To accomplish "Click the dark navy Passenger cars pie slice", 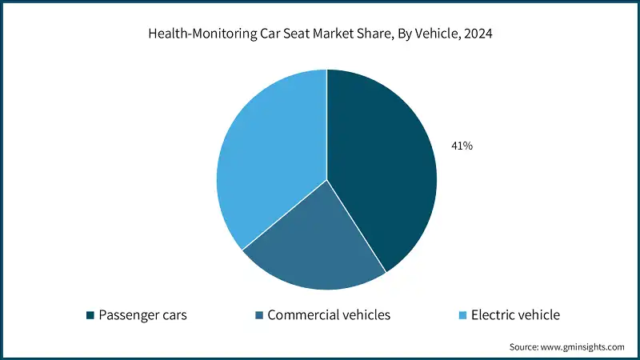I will (384, 168).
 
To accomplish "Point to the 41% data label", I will (462, 146).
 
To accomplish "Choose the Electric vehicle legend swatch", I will (462, 315).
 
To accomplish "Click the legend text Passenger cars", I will (142, 315).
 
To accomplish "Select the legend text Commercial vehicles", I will (329, 315).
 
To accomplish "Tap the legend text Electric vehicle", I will (516, 315).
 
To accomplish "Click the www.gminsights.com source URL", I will (584, 347).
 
